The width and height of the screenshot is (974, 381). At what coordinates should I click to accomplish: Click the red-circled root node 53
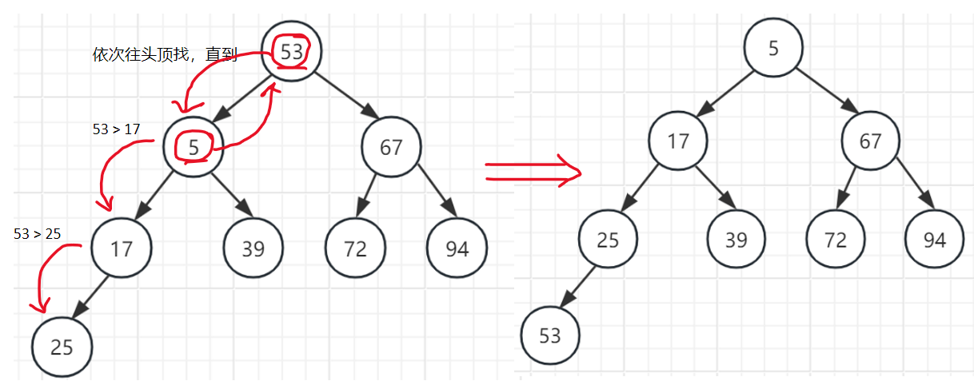point(292,51)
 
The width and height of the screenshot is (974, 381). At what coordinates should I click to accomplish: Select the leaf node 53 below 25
point(550,335)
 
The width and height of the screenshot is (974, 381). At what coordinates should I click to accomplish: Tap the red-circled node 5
point(194,147)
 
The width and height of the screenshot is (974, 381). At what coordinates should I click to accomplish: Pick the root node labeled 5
point(773,48)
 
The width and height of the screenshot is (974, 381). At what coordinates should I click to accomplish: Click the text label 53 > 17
point(117,129)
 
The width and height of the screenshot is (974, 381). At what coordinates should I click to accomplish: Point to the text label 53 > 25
point(38,233)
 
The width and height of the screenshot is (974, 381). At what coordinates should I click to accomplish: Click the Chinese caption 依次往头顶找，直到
point(166,55)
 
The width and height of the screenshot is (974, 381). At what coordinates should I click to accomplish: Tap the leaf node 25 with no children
point(62,347)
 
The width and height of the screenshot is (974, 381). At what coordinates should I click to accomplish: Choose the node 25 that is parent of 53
point(609,240)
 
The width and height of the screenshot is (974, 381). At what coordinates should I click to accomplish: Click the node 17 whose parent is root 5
point(678,141)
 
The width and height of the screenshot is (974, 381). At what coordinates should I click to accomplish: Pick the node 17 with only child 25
point(122,248)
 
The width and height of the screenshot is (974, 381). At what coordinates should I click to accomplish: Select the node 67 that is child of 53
point(392,147)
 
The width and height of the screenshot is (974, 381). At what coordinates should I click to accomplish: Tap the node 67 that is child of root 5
point(871,141)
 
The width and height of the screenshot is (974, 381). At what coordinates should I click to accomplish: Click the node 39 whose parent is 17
point(736,240)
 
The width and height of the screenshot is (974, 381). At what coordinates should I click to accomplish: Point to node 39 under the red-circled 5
point(253,248)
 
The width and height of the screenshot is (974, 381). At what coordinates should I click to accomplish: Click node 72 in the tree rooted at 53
point(355,248)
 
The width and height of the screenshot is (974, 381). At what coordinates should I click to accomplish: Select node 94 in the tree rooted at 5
point(935,240)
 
